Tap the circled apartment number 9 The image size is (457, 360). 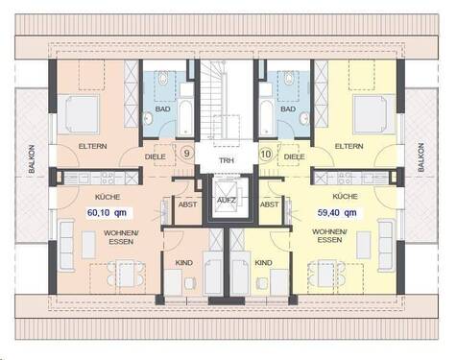186,152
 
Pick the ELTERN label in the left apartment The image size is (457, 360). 93,146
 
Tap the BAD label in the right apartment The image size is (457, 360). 286,108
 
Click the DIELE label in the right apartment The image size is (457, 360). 296,155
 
